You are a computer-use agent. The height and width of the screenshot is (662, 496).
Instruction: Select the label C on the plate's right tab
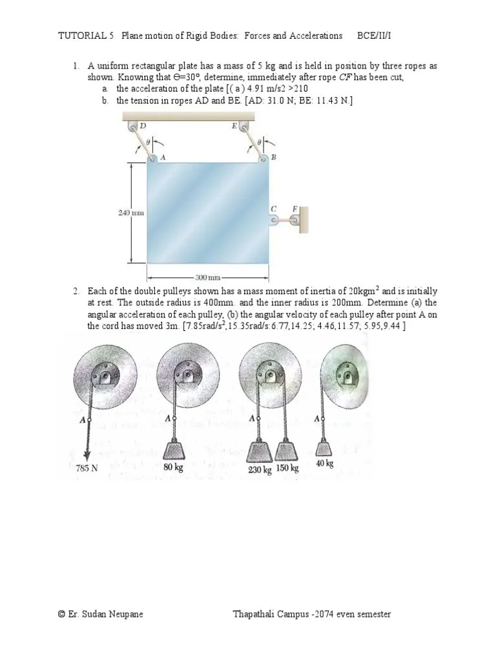[x=273, y=208]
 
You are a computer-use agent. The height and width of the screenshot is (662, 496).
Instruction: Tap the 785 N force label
[x=87, y=468]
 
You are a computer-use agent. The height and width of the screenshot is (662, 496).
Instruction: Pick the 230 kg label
[x=260, y=469]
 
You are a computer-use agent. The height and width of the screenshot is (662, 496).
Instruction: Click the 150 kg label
[x=287, y=468]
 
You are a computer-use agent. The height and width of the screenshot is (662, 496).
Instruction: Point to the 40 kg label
[x=325, y=464]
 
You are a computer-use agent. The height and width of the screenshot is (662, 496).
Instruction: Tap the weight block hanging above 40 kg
[x=325, y=446]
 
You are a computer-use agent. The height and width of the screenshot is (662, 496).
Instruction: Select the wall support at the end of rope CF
[x=304, y=220]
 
